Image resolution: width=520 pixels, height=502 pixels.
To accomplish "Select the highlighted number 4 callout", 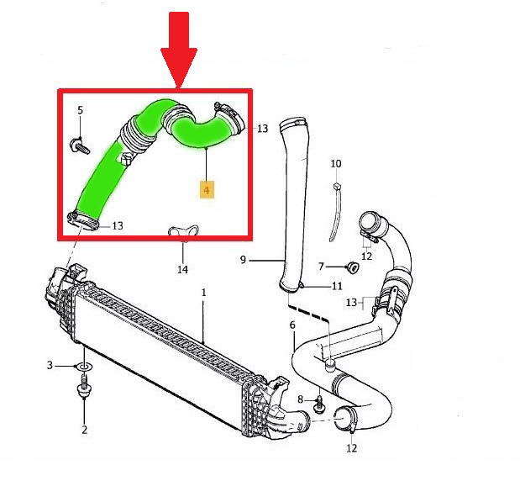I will pyautogui.click(x=206, y=190).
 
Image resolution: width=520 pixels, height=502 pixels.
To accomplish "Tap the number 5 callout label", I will pyautogui.click(x=81, y=111).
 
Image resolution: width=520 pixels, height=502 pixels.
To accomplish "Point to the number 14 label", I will pyautogui.click(x=182, y=269).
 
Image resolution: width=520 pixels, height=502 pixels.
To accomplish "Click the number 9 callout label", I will pyautogui.click(x=243, y=260).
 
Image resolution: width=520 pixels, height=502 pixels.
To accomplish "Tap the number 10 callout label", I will pyautogui.click(x=335, y=163).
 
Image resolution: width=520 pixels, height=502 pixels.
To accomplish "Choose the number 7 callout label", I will pyautogui.click(x=320, y=267).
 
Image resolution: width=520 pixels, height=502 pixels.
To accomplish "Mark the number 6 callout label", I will pyautogui.click(x=292, y=325).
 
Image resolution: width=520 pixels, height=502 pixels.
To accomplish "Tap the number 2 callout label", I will pyautogui.click(x=84, y=430).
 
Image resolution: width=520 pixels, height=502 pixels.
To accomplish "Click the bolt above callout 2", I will pyautogui.click(x=85, y=394).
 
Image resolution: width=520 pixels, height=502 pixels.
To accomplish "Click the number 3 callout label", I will pyautogui.click(x=50, y=365).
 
